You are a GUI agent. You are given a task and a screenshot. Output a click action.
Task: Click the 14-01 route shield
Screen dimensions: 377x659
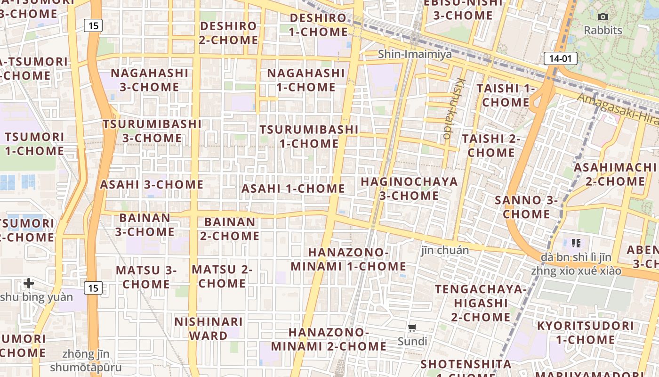click(x=560, y=58)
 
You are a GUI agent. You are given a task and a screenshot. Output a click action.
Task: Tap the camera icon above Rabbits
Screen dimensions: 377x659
click(x=603, y=17)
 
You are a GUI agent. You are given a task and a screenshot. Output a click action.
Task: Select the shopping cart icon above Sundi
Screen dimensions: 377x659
click(x=412, y=328)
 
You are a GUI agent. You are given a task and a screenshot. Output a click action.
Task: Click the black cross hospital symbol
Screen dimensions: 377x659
click(x=29, y=283)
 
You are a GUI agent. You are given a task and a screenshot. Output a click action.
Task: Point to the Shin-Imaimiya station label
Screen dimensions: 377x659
click(x=415, y=54)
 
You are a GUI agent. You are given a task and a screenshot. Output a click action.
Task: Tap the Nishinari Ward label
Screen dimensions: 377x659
click(x=209, y=328)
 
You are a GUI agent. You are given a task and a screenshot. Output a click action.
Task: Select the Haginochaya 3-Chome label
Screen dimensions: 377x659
click(x=409, y=188)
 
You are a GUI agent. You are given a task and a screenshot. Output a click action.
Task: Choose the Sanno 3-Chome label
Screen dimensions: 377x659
click(x=526, y=207)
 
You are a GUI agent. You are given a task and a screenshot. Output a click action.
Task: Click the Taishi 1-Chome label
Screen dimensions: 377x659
click(x=506, y=95)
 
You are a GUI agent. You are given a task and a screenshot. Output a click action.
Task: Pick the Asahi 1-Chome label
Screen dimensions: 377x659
click(x=293, y=188)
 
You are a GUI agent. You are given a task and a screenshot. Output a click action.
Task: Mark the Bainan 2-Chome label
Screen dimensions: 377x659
click(x=230, y=229)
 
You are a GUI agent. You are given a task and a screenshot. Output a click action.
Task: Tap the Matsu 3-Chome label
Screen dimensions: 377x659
click(x=146, y=277)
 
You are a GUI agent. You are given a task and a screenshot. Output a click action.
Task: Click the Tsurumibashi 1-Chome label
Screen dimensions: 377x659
click(x=309, y=136)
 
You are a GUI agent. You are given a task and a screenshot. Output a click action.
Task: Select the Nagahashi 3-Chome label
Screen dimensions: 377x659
click(x=149, y=80)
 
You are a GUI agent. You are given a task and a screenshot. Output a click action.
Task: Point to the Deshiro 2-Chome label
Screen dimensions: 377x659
click(x=228, y=33)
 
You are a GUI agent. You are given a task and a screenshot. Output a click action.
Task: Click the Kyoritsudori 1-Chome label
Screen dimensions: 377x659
click(x=585, y=333)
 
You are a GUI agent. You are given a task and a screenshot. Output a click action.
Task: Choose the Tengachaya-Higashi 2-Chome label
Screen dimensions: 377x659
click(x=481, y=303)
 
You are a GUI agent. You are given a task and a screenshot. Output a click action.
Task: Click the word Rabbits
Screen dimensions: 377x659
click(x=603, y=30)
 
